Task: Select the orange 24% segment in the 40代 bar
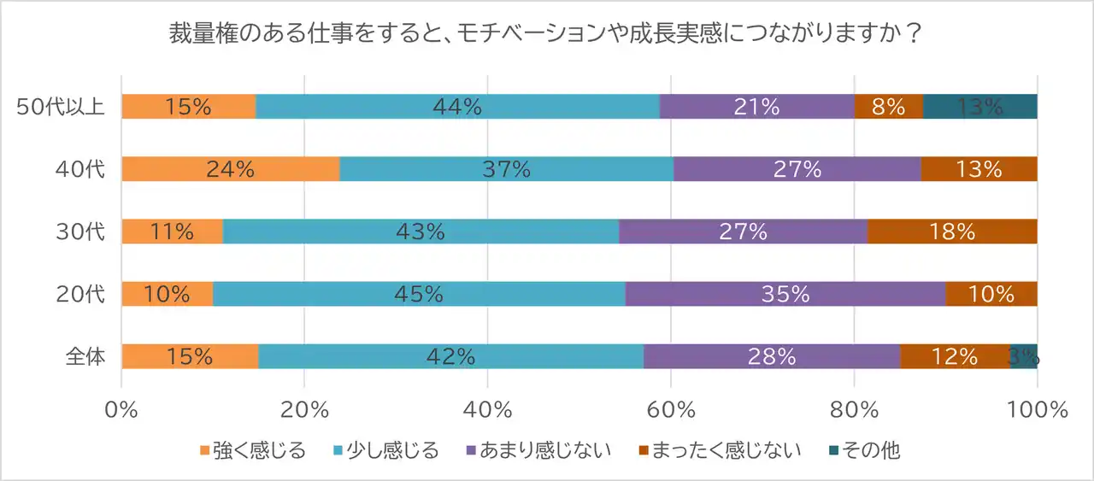click(231, 169)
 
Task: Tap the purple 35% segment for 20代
click(785, 294)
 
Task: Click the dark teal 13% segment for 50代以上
click(979, 107)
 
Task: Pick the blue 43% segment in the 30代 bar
click(421, 232)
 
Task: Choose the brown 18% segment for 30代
click(952, 232)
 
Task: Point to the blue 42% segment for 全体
click(450, 356)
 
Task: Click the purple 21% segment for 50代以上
click(756, 107)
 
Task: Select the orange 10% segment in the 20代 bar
click(167, 294)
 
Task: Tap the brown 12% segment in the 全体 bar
click(955, 356)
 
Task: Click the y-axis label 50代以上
click(62, 107)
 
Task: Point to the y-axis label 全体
click(85, 356)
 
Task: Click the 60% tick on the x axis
click(671, 409)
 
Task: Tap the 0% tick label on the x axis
click(121, 409)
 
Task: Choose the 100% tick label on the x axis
click(1037, 409)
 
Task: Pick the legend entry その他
click(870, 450)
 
